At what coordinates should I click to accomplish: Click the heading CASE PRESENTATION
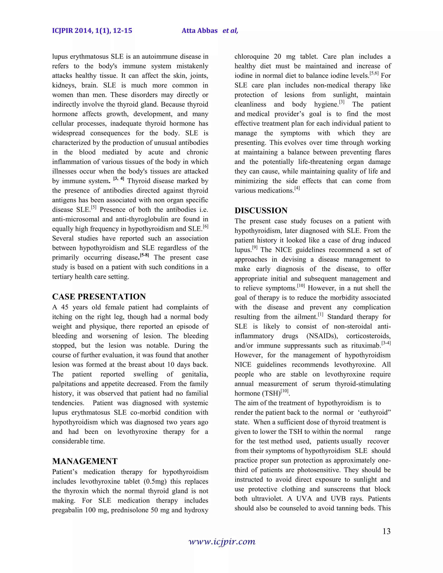[99, 297]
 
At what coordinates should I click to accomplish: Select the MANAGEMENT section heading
[85, 461]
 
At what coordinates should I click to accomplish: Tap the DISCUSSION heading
[261, 210]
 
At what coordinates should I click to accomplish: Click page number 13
[386, 531]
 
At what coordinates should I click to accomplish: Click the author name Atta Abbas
[199, 31]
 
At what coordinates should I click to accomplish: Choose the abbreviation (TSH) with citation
[271, 394]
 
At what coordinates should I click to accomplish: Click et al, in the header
[230, 31]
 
